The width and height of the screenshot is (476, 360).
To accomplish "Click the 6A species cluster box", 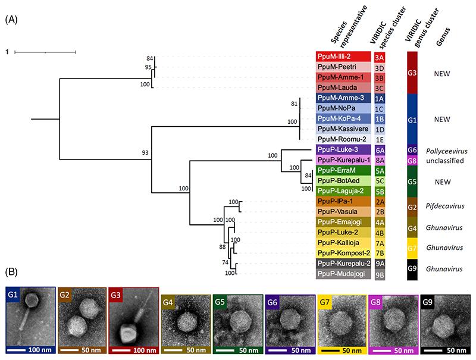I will [x=380, y=149].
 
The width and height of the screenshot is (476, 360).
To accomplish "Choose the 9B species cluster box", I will [x=380, y=274].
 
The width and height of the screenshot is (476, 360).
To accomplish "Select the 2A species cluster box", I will [x=380, y=201].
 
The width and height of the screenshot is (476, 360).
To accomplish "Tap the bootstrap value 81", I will [x=293, y=104].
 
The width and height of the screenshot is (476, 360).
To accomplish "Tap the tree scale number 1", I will [x=7, y=52].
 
